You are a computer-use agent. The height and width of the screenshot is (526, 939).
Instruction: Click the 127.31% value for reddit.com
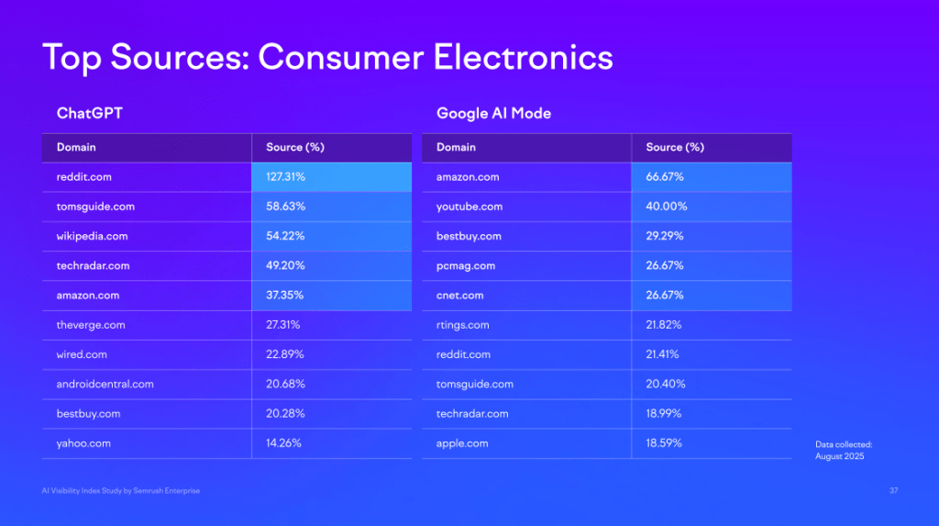(x=286, y=177)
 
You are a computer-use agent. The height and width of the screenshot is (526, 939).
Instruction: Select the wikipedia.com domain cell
(x=92, y=236)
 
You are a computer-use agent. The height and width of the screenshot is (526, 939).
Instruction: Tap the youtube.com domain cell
(x=469, y=207)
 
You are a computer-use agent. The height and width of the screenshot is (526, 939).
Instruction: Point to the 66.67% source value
(x=665, y=177)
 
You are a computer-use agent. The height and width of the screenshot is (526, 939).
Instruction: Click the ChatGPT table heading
(x=90, y=114)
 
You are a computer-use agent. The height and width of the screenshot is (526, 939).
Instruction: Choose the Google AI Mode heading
(x=493, y=114)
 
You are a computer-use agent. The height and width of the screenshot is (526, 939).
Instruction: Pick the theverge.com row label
(x=91, y=325)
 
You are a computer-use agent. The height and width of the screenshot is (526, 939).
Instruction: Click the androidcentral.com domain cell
(x=105, y=384)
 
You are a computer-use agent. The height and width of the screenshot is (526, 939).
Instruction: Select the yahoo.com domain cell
(x=83, y=443)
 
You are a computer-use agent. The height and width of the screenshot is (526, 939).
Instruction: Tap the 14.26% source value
(x=283, y=443)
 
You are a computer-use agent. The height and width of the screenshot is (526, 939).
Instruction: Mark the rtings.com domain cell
(x=463, y=325)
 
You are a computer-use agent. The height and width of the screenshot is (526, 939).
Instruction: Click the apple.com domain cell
(x=462, y=443)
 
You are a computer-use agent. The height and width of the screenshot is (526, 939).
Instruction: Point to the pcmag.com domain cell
(x=466, y=266)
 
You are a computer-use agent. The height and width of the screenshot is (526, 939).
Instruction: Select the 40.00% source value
(x=667, y=207)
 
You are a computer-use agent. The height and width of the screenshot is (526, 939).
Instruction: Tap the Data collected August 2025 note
(x=844, y=450)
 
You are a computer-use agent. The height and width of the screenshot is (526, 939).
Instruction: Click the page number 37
(x=893, y=491)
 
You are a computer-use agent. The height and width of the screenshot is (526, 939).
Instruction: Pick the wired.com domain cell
(x=82, y=354)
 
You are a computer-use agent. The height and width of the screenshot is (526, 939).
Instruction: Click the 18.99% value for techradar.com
(x=665, y=414)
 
